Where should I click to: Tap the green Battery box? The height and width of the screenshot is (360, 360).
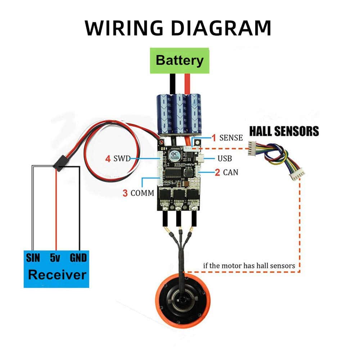point(180,61)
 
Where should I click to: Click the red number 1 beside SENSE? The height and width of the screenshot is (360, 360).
point(213,138)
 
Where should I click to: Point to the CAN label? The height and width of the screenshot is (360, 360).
point(230,172)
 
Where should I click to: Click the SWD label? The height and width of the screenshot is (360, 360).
point(122,158)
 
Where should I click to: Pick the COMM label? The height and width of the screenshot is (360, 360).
point(142,193)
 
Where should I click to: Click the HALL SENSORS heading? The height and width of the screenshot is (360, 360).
point(283,131)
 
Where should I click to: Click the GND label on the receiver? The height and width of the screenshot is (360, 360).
point(78,258)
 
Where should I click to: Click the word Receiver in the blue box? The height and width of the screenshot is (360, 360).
point(57,275)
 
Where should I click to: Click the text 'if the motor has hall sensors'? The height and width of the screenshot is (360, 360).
point(249,266)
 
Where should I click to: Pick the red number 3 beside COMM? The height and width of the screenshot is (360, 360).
point(125,193)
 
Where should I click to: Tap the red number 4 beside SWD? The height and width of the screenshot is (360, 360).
point(108,158)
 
